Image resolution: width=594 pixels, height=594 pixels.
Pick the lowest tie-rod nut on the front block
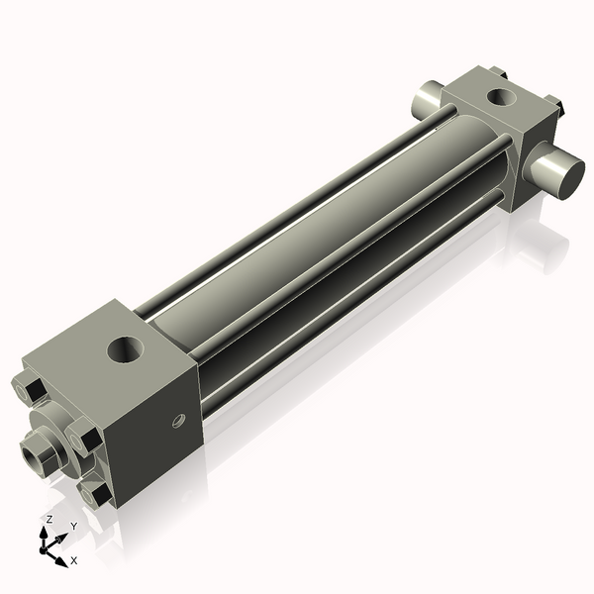coord(98,493)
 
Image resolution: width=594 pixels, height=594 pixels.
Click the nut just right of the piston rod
coord(82,437)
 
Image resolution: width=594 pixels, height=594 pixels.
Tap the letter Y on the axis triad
coord(73,526)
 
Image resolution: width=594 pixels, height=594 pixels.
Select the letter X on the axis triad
coord(73,561)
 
